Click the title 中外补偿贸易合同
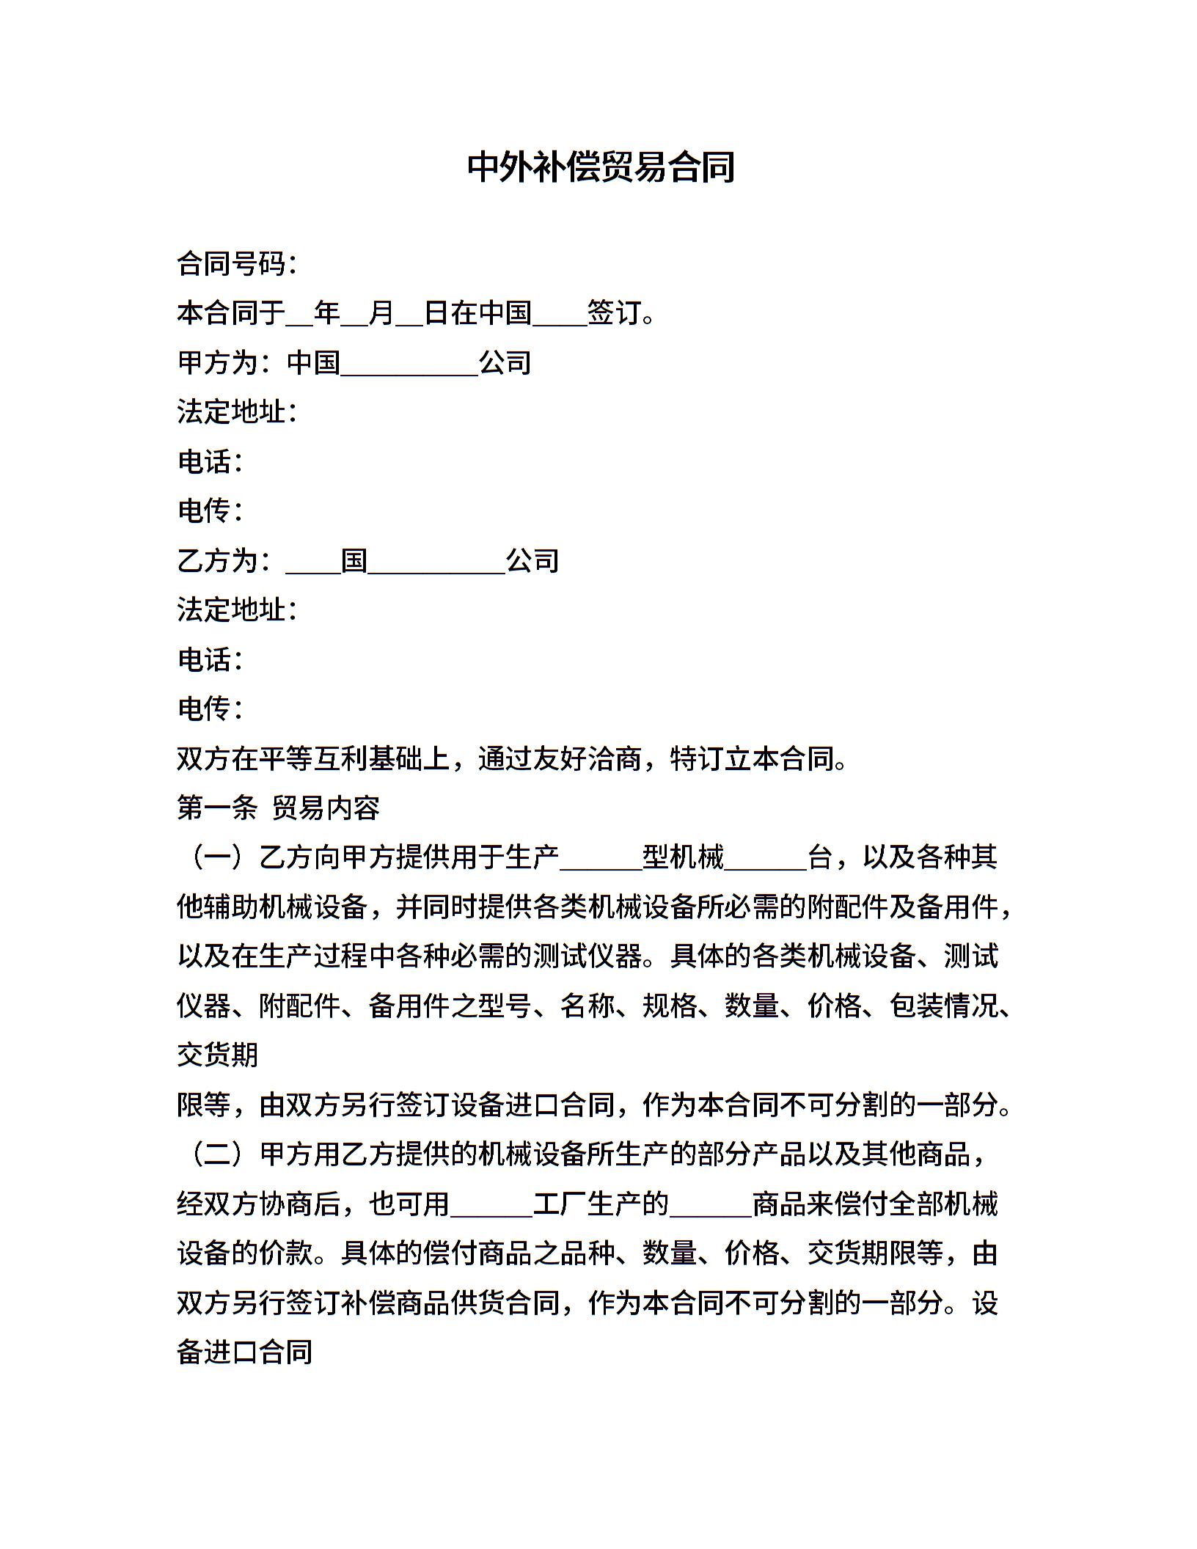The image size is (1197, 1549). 601,167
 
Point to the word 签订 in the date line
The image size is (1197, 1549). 614,314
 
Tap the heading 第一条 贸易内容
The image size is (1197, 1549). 279,808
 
